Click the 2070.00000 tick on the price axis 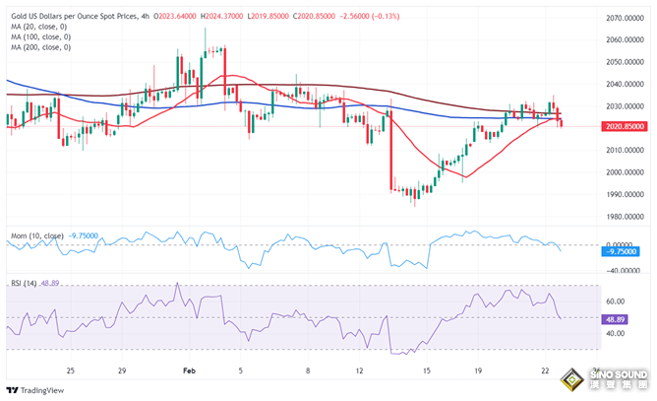[627, 18]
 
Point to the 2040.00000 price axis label [627, 61]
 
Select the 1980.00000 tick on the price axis [627, 218]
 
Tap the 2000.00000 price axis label [627, 172]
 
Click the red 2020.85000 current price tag [627, 127]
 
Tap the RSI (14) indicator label [24, 282]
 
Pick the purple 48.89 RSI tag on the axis [616, 317]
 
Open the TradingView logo [37, 389]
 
